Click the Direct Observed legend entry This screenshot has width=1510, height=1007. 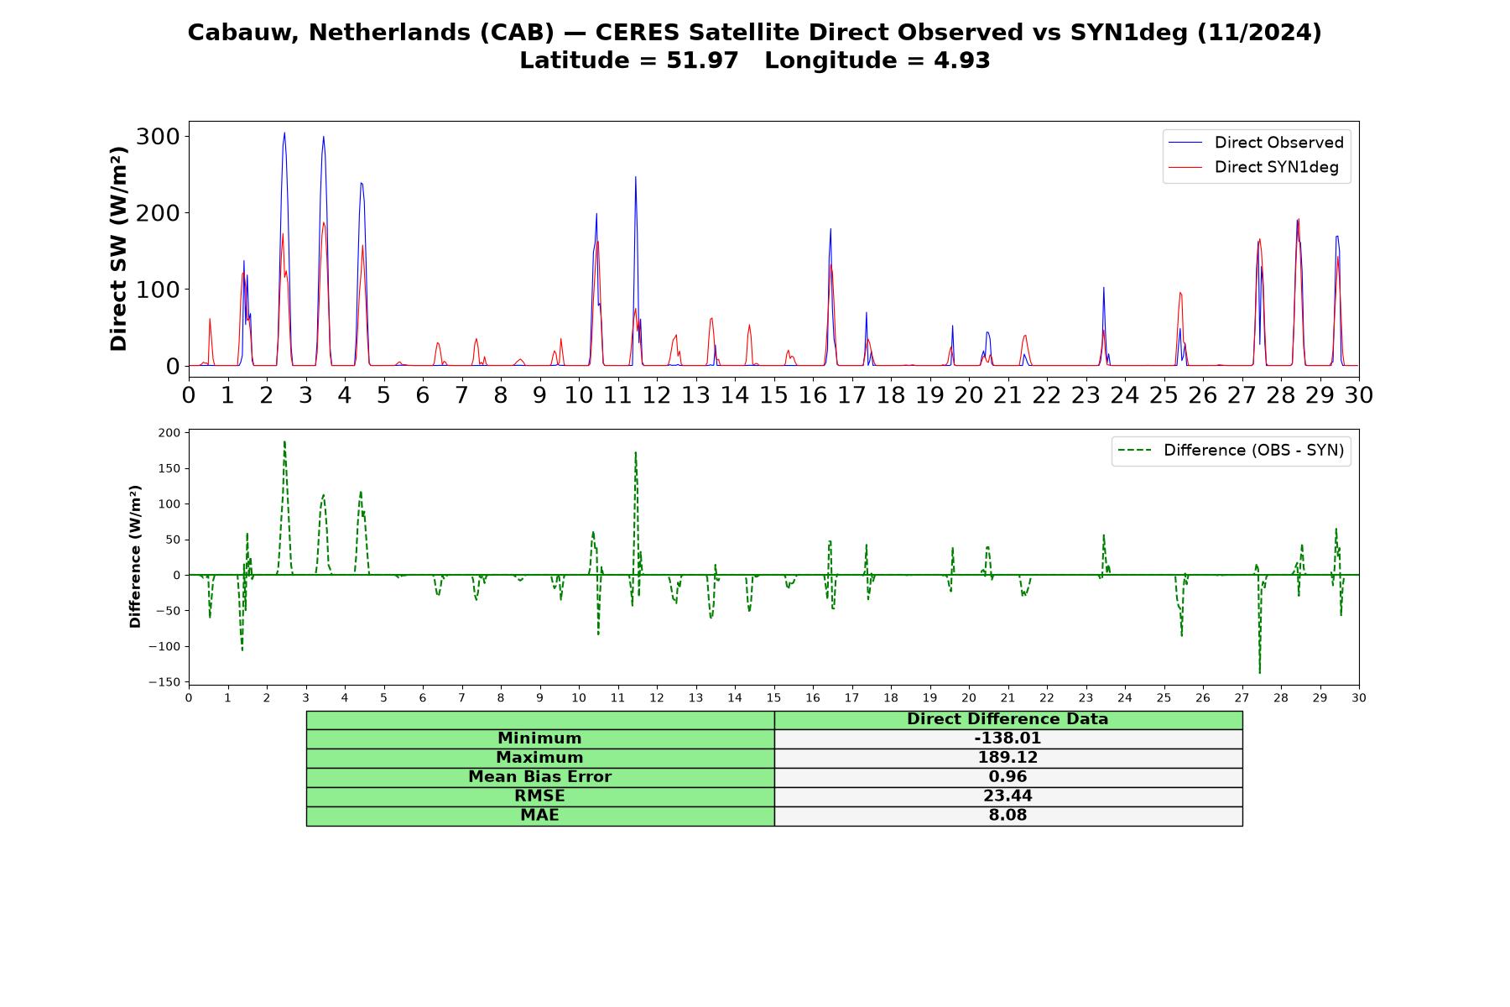point(1256,143)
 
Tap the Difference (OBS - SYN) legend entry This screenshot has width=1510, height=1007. point(1231,451)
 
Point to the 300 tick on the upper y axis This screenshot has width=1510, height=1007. point(158,136)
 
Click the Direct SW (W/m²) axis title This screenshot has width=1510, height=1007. point(118,248)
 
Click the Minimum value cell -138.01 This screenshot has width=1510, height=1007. point(1008,738)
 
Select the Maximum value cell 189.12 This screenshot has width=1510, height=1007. point(1008,758)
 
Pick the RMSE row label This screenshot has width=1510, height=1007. point(539,796)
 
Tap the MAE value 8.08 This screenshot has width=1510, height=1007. point(1008,816)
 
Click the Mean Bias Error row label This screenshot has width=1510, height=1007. point(539,777)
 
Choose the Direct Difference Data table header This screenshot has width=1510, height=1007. point(1008,719)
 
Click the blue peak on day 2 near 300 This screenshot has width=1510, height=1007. point(284,133)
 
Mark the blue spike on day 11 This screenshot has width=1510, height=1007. point(635,176)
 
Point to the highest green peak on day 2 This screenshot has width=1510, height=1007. point(284,441)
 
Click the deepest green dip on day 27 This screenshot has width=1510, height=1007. point(1259,673)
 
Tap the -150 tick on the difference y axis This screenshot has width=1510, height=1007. point(164,682)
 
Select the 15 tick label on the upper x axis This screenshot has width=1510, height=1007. point(773,394)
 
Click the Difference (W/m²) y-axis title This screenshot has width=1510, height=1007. point(135,556)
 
